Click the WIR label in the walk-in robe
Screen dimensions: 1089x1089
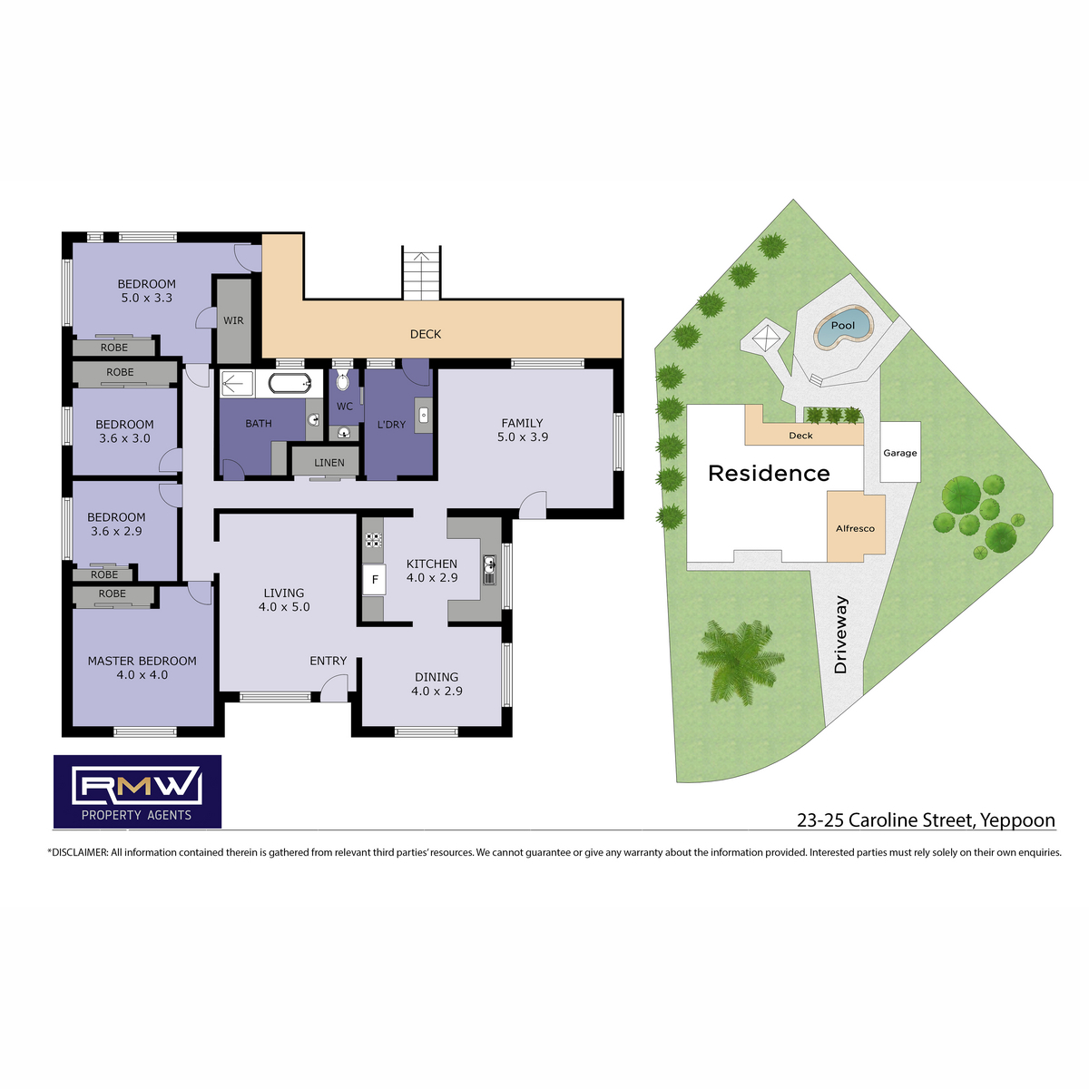(x=233, y=320)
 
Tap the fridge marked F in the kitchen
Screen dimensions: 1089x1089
(x=374, y=579)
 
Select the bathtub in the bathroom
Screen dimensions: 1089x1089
(x=289, y=384)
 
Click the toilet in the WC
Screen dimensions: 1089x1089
(x=342, y=381)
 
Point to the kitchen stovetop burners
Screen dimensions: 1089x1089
(x=372, y=540)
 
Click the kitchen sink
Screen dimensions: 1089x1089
(x=489, y=570)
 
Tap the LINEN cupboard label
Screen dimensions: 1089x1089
(x=329, y=463)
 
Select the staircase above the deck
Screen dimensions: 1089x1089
(x=421, y=272)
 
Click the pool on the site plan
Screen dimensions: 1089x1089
(x=842, y=328)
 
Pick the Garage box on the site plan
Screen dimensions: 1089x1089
(x=900, y=452)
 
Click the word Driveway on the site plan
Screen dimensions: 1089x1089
(x=840, y=634)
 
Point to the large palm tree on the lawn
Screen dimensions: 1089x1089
(x=741, y=661)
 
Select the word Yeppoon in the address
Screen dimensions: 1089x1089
(x=1017, y=820)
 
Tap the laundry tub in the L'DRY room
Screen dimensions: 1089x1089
(x=423, y=416)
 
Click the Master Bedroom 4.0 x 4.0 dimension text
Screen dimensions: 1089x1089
(x=142, y=675)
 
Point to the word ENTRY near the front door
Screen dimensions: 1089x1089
(x=328, y=661)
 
